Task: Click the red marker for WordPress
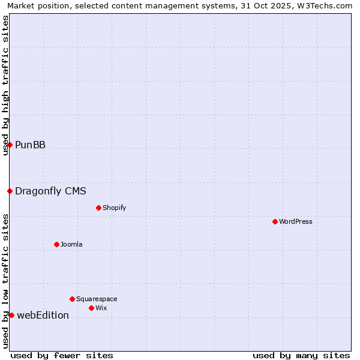coord(275,221)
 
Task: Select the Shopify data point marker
coord(98,208)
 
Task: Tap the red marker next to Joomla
coord(56,244)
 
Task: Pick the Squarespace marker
coord(72,299)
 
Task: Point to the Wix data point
coord(91,308)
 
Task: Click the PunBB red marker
coord(10,145)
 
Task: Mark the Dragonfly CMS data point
coord(10,191)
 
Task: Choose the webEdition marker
coord(11,315)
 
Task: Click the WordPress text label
coord(296,221)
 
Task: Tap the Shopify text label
coord(114,208)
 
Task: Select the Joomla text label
coord(71,244)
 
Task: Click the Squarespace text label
coord(97,299)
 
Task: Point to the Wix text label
coord(101,308)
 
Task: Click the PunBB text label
coord(30,145)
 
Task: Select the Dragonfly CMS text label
coord(50,191)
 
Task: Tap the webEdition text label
coord(43,316)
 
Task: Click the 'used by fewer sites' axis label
coord(62,355)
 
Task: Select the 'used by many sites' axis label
coord(301,355)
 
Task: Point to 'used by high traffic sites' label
coord(5,85)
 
